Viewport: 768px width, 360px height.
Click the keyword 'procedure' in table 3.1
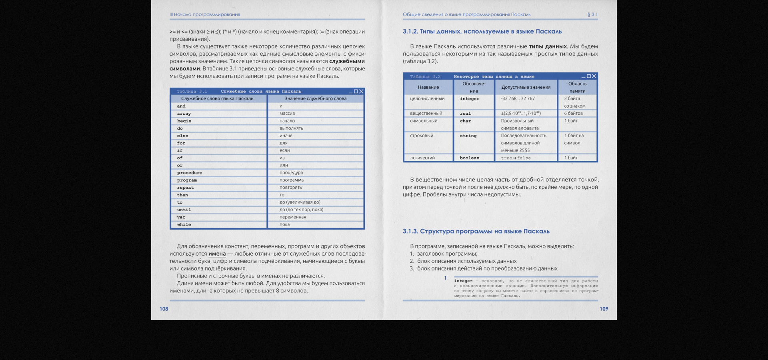click(190, 173)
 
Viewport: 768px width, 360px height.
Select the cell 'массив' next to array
click(287, 114)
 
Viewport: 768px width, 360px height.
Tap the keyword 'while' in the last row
click(184, 225)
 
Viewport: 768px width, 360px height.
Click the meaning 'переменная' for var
click(293, 217)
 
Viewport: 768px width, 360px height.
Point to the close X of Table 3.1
click(361, 92)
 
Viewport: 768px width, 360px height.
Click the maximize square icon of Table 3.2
click(588, 76)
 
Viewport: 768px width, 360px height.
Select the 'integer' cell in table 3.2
click(469, 99)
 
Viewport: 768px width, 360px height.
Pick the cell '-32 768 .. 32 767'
click(518, 99)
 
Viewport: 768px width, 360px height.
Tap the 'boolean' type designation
click(469, 158)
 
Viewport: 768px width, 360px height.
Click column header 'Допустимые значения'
click(526, 87)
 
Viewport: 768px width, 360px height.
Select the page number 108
click(164, 309)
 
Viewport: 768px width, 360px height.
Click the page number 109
click(604, 309)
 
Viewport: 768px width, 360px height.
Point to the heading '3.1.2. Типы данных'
click(482, 32)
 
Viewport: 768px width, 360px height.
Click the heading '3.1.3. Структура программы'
click(476, 232)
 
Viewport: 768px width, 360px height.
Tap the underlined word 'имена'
click(217, 254)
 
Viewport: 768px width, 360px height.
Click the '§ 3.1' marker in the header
click(592, 14)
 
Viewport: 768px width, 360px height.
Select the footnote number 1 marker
click(445, 278)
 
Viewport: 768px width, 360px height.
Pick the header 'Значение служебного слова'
click(315, 99)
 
